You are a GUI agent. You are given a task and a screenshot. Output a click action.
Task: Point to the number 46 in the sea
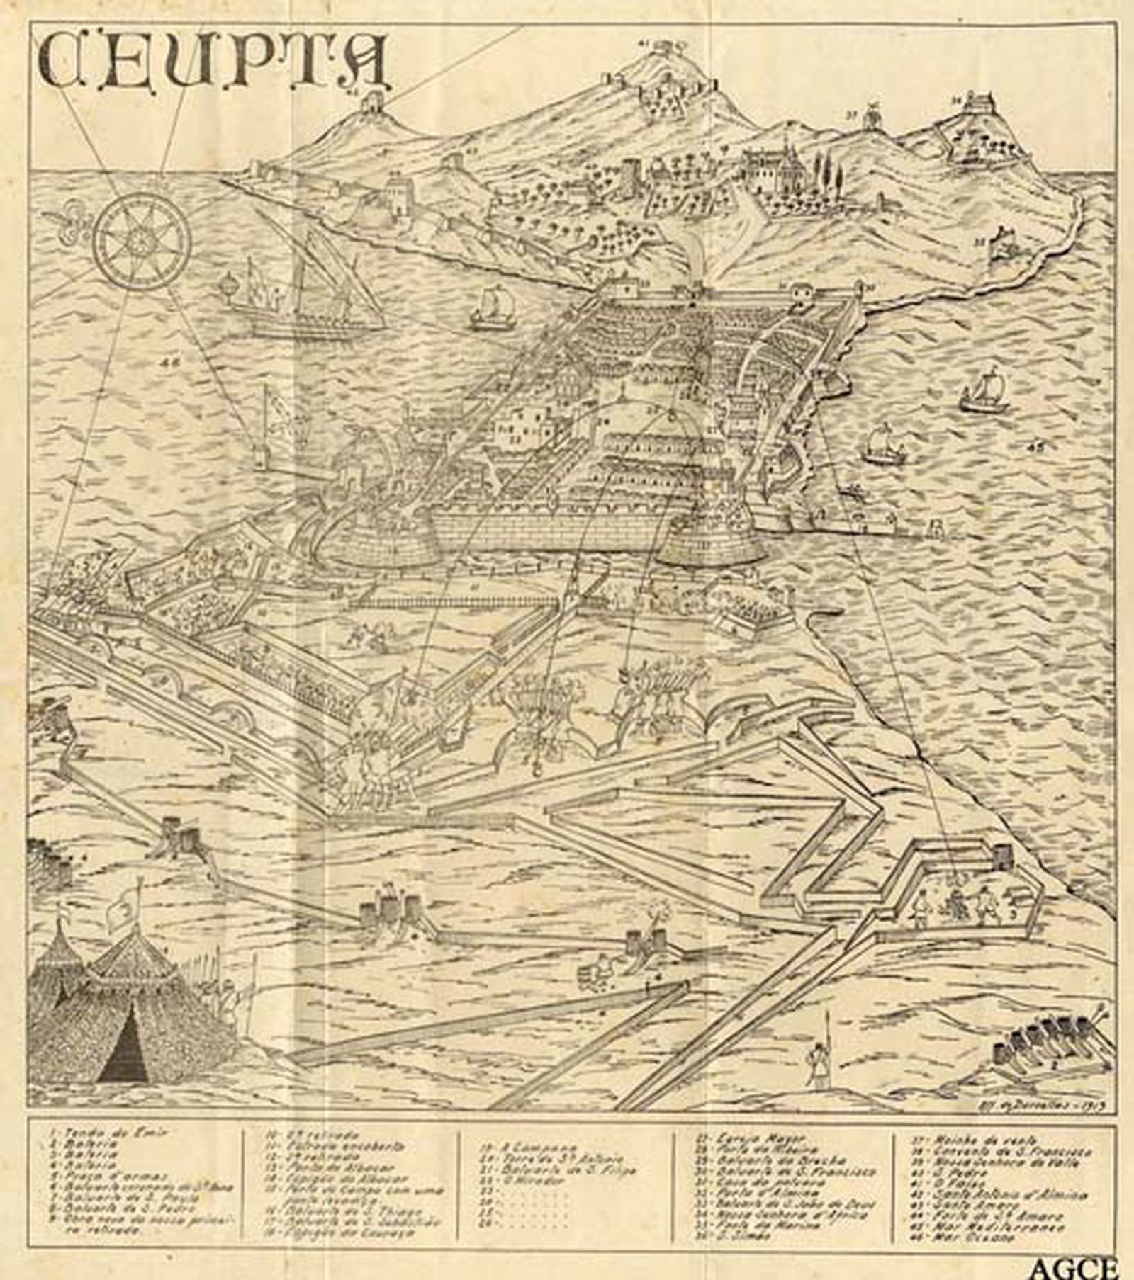point(171,363)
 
